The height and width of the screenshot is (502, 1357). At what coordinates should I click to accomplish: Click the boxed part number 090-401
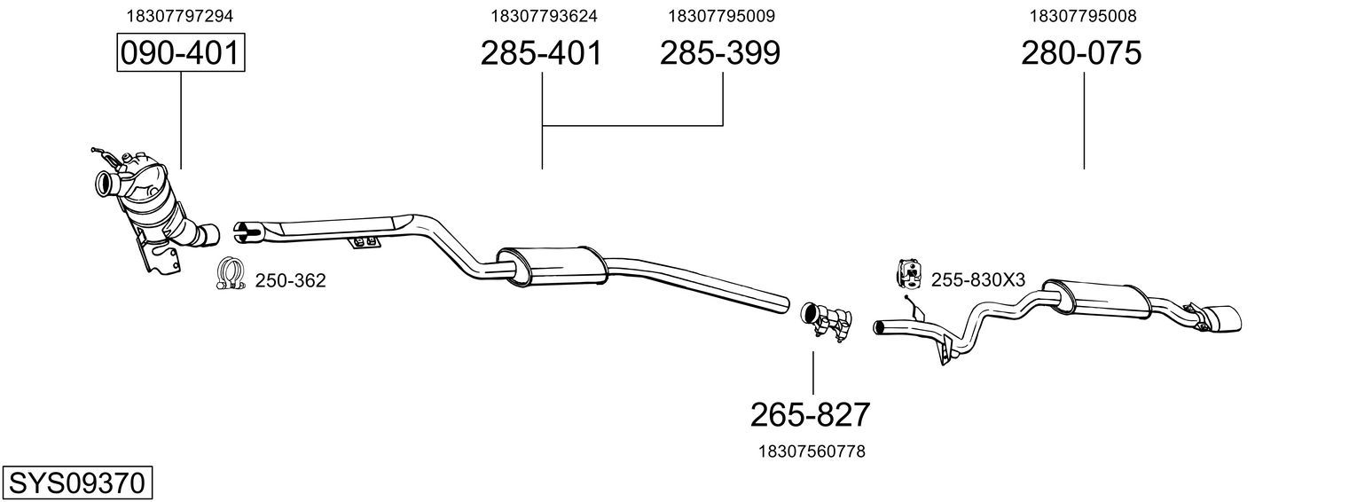click(181, 52)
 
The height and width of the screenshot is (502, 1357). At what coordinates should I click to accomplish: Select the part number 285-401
click(541, 53)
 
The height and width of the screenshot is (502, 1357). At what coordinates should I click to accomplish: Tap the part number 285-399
click(719, 53)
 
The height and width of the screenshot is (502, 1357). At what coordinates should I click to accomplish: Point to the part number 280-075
click(1081, 53)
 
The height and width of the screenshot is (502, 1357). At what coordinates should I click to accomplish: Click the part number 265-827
click(810, 415)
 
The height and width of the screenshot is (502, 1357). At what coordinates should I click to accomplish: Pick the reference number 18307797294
click(179, 16)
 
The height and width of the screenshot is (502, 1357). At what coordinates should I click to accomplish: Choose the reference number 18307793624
click(544, 16)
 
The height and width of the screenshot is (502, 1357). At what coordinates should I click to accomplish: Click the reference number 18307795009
click(721, 16)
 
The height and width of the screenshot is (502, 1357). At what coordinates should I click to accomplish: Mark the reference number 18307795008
click(1083, 16)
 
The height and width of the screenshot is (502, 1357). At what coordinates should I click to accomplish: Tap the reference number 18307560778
click(812, 451)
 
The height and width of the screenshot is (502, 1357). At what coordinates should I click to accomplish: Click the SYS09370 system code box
click(77, 483)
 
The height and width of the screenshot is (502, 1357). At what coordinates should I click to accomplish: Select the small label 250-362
click(290, 281)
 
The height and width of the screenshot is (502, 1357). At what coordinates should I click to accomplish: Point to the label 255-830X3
click(977, 279)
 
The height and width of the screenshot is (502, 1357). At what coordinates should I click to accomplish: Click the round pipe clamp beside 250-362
click(230, 273)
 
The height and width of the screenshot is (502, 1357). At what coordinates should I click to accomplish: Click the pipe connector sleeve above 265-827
click(827, 322)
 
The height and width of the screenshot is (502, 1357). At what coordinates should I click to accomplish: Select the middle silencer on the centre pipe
click(552, 266)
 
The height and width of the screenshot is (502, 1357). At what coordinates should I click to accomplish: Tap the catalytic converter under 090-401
click(154, 206)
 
